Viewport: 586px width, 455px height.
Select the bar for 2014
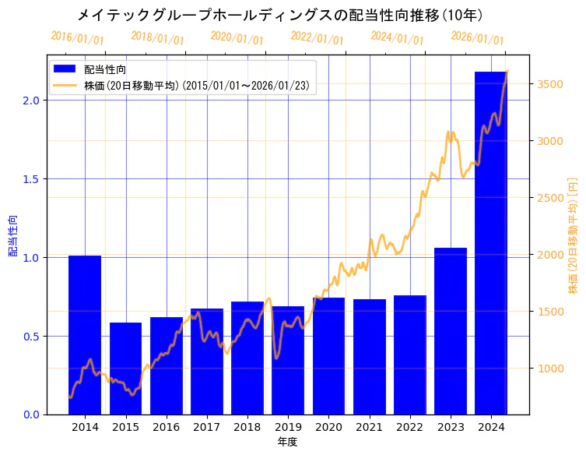[x=85, y=334]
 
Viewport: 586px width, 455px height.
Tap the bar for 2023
[x=451, y=330]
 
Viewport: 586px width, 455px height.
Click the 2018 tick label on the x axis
[x=247, y=427]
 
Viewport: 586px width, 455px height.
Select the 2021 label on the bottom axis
[x=369, y=427]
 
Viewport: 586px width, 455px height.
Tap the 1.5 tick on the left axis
[x=31, y=179]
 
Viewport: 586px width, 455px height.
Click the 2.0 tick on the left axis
[x=31, y=101]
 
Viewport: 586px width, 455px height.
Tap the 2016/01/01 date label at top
[x=77, y=38]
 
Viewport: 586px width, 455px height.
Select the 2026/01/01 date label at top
[x=477, y=38]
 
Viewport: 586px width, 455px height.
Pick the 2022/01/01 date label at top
[x=317, y=38]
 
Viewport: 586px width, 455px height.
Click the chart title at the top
[x=280, y=15]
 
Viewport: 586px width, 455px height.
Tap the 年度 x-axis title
[x=287, y=442]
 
